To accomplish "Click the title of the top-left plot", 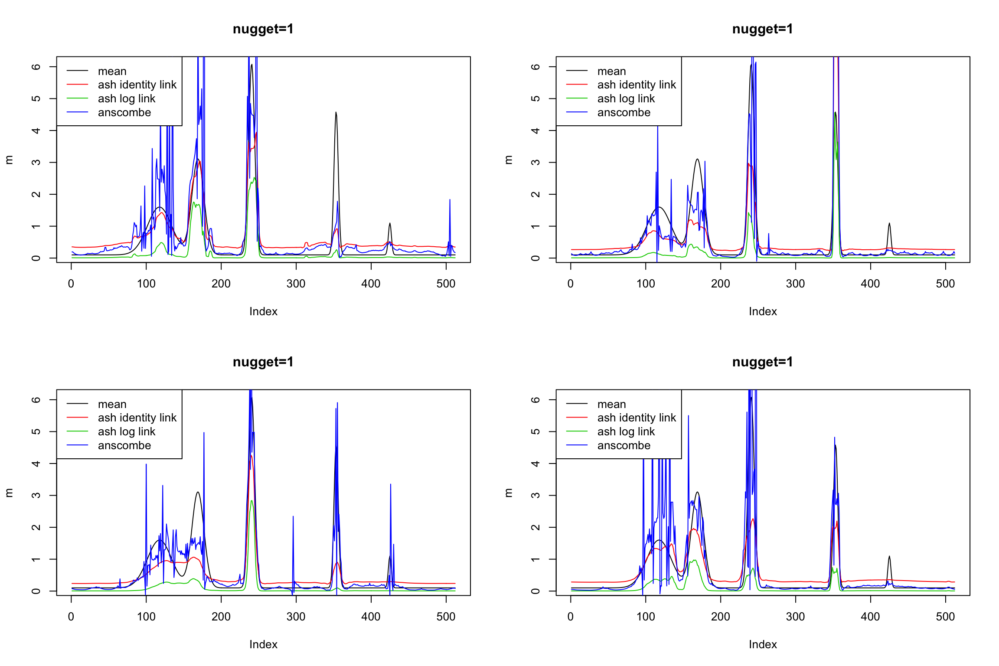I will [263, 29].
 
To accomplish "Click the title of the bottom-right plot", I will [762, 362].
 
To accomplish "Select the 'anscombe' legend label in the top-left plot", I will [124, 113].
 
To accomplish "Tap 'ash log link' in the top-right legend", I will [626, 99].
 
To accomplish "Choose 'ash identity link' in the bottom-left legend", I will [137, 418].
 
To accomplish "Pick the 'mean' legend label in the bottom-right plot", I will [611, 404].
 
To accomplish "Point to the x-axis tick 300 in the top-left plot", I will [296, 284].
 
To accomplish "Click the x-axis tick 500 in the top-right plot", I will [945, 284].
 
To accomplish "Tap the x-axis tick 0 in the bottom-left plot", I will [71, 617].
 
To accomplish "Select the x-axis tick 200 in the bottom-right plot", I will [721, 617].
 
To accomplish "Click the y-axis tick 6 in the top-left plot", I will [36, 66].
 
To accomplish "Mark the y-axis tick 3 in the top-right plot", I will [536, 162].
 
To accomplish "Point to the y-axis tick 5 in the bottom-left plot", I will [36, 431].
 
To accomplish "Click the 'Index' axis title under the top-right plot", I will [762, 311].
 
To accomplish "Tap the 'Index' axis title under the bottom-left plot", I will [263, 644].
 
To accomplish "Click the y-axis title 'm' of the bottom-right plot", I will [509, 493].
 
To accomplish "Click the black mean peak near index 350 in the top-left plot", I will [336, 114].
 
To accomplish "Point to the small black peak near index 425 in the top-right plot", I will [889, 224].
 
